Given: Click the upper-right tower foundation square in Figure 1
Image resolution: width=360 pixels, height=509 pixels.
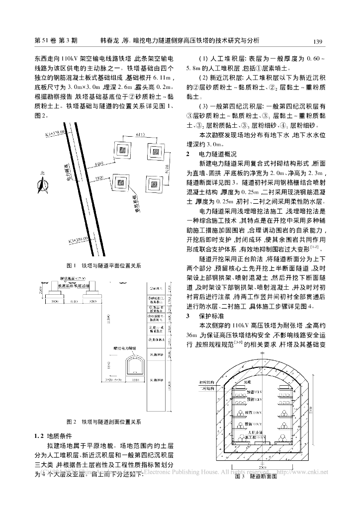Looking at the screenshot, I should click(x=156, y=150).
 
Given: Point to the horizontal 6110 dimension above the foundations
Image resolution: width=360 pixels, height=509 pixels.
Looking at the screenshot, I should click(x=141, y=134).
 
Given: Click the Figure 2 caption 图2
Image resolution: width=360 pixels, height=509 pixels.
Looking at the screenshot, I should click(x=105, y=422).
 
